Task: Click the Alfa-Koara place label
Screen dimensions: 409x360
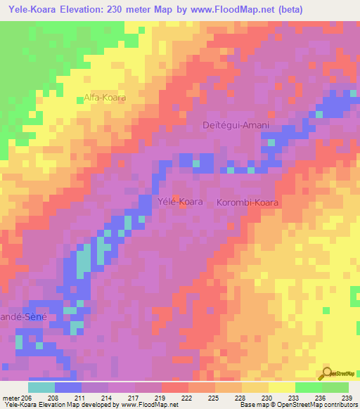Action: pyautogui.click(x=105, y=98)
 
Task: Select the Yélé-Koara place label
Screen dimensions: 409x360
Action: pyautogui.click(x=179, y=202)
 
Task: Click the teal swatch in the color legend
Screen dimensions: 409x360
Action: pyautogui.click(x=41, y=387)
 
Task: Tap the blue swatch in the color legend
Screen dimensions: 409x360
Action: pyautogui.click(x=68, y=387)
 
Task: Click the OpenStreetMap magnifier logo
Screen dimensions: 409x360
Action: pyautogui.click(x=328, y=375)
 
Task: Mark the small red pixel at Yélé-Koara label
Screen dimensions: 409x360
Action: pyautogui.click(x=176, y=197)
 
